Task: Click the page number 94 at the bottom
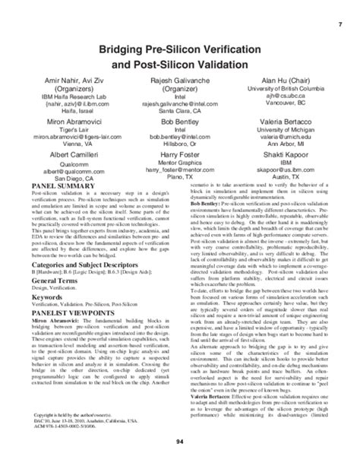click(179, 441)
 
